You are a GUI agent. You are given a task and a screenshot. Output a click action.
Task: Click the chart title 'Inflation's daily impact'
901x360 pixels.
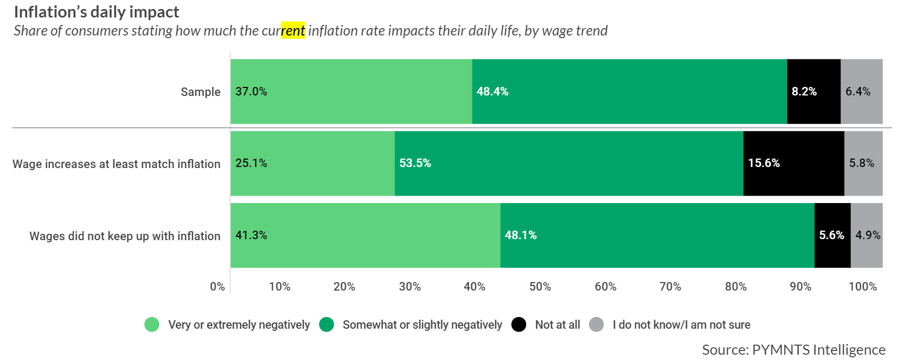(97, 12)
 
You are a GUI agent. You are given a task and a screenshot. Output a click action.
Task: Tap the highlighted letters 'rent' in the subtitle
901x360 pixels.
(293, 30)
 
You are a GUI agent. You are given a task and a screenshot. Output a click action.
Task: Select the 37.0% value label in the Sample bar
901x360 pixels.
(251, 91)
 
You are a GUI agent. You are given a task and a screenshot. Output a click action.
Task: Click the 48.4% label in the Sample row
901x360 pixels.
(492, 91)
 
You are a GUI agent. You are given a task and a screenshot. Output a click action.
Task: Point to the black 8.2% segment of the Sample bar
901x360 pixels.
(813, 91)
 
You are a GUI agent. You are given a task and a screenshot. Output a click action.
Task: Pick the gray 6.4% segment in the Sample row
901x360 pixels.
(862, 91)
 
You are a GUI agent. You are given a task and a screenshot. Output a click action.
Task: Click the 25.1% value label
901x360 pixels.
(251, 163)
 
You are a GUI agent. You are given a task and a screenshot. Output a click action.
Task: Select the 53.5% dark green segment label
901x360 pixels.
(415, 163)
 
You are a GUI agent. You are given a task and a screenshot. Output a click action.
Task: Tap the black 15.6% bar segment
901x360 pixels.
(793, 163)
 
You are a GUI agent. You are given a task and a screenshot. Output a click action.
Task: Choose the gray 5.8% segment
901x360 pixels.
(863, 163)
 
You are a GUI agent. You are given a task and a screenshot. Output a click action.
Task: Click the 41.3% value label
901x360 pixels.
(251, 235)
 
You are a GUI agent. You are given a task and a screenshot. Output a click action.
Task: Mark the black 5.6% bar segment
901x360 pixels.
(832, 235)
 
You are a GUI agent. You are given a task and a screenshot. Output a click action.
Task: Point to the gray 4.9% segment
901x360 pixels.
(867, 235)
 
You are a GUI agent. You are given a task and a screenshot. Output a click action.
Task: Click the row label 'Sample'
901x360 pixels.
(200, 92)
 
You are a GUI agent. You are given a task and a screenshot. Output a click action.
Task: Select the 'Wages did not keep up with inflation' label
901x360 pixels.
(125, 236)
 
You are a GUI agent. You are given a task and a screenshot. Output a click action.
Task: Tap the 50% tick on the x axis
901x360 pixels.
(540, 286)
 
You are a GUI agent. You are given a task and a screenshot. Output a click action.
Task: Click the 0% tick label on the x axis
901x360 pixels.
(217, 286)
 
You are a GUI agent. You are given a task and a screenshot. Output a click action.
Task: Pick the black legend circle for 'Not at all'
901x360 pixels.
(519, 324)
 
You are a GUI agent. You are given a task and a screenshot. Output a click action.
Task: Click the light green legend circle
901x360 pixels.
(152, 324)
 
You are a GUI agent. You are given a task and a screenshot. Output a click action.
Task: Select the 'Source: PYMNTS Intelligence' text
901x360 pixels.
(793, 349)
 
